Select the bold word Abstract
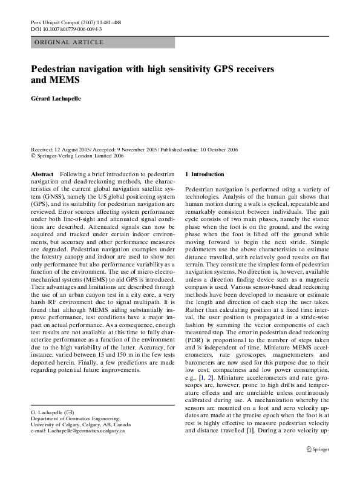click(x=42, y=174)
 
